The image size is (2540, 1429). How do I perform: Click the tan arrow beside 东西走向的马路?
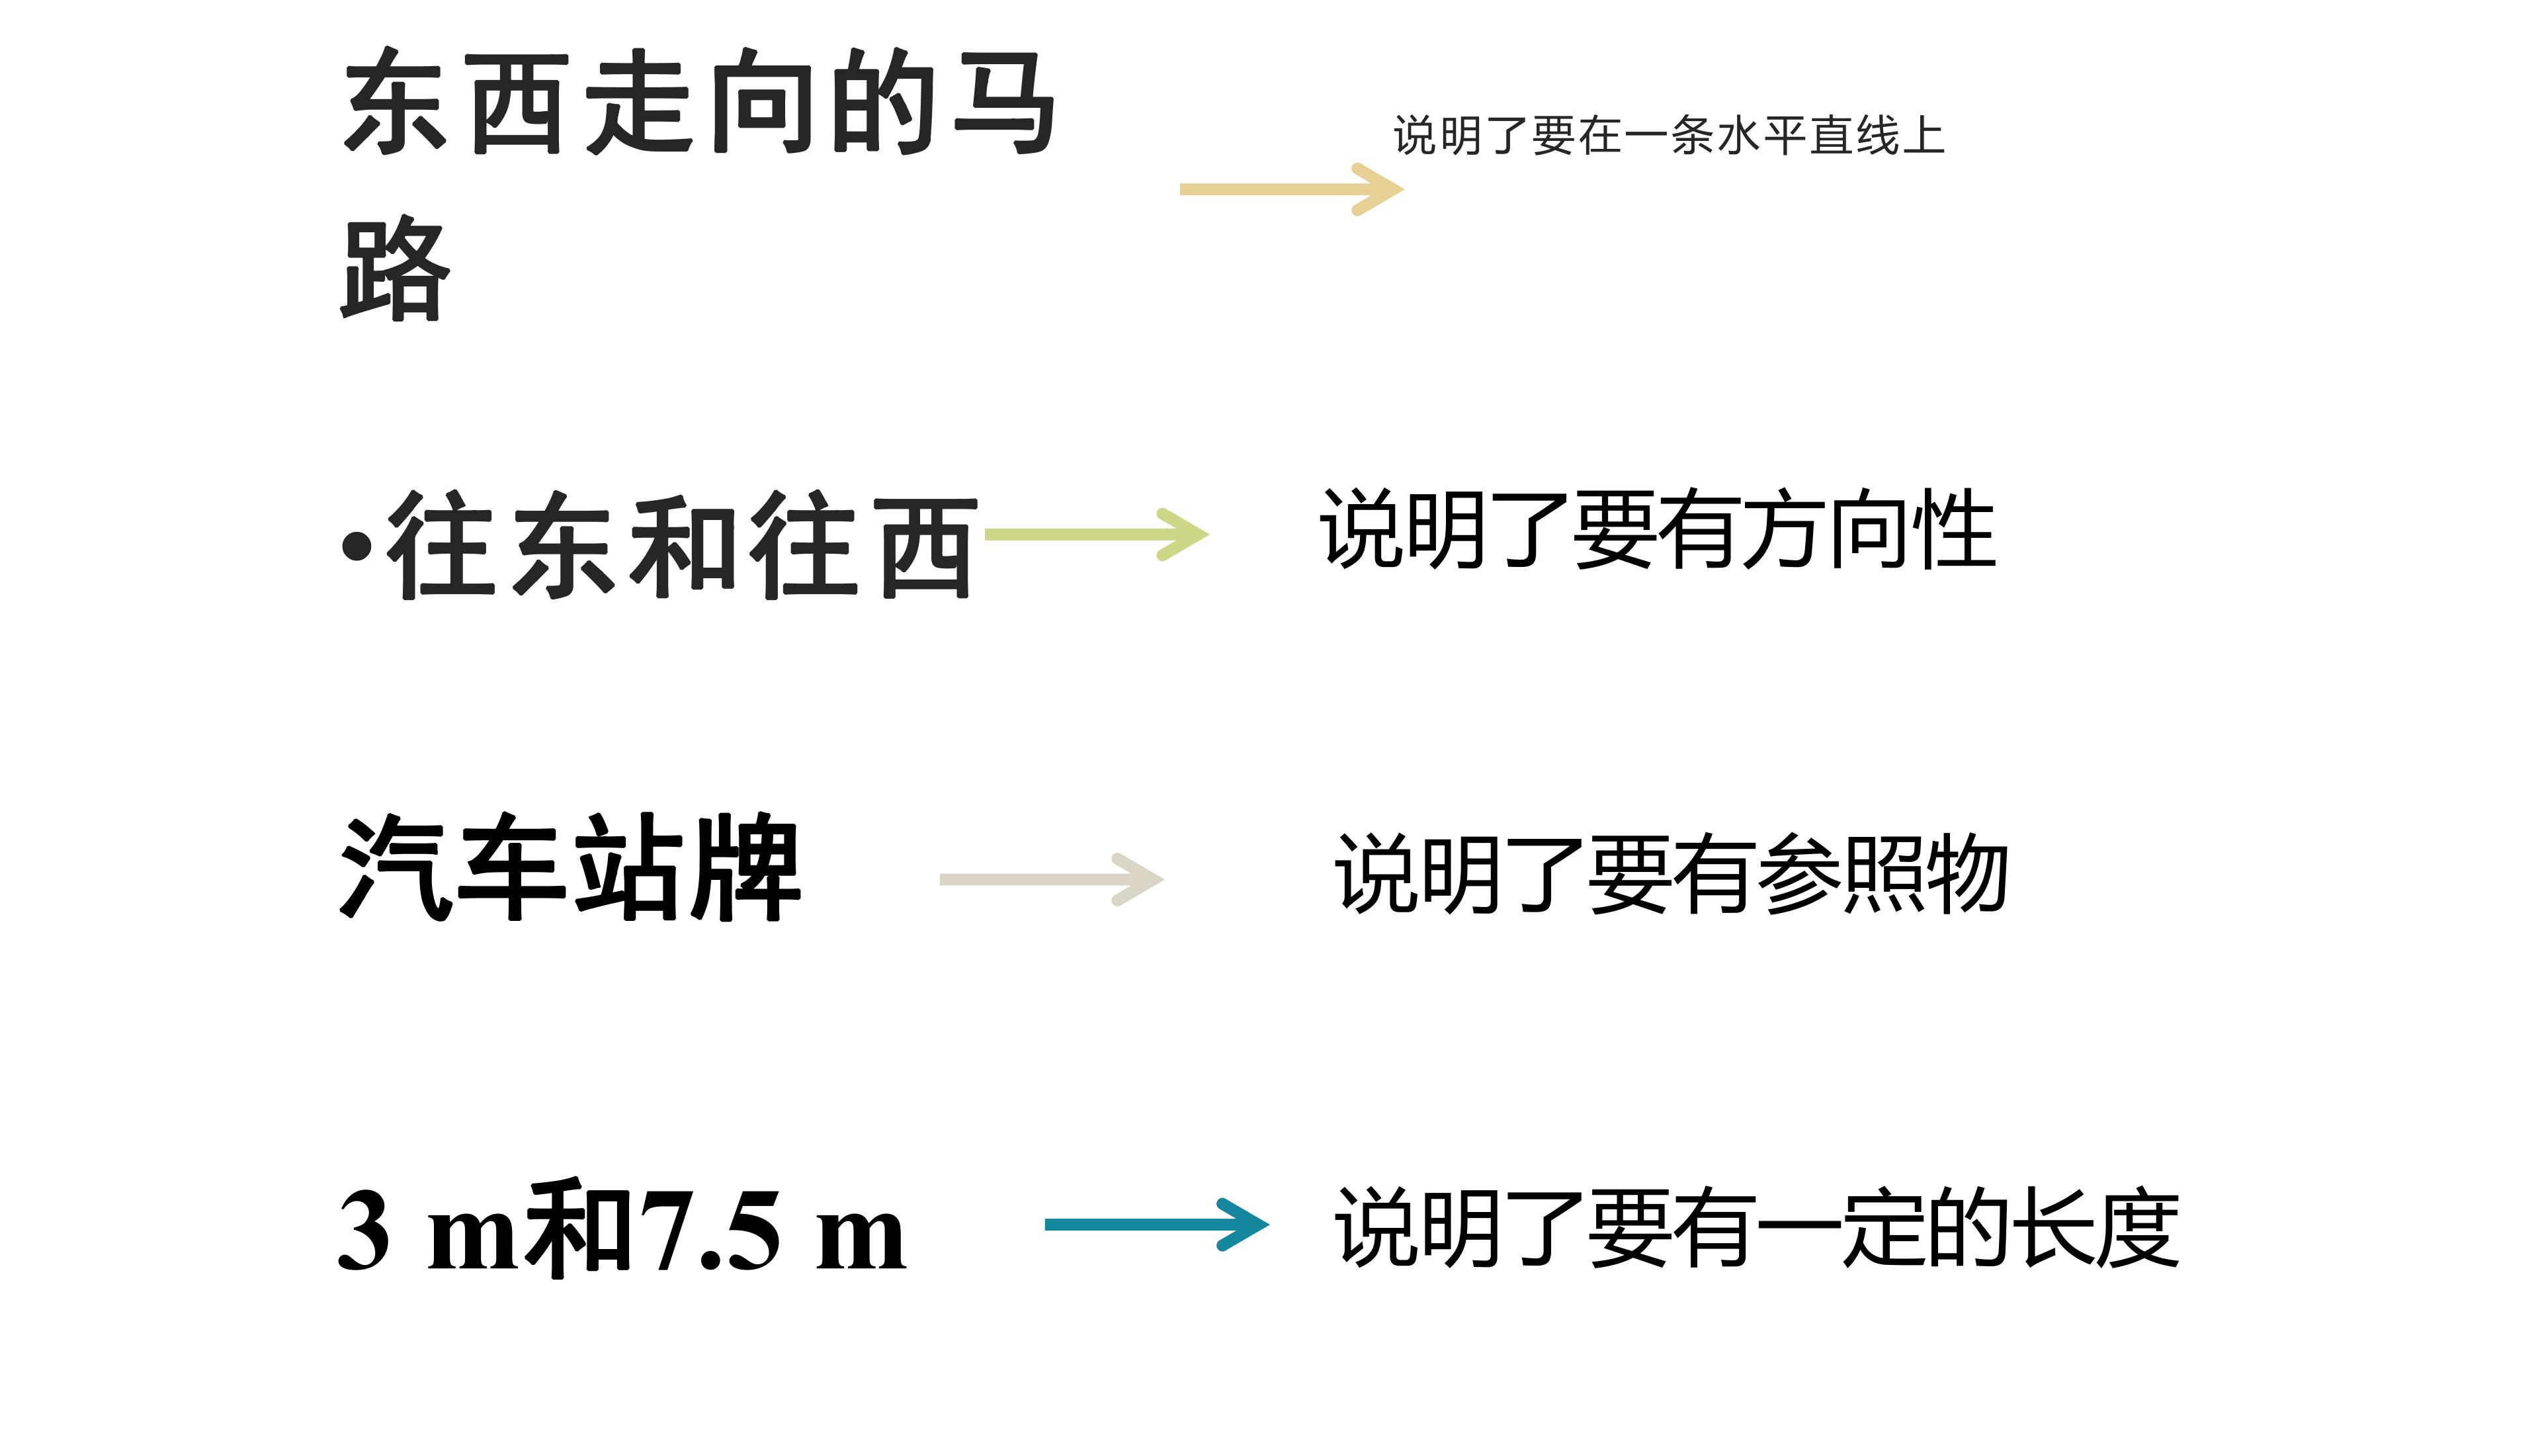pyautogui.click(x=1291, y=189)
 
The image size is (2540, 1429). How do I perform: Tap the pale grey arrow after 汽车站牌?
pyautogui.click(x=1051, y=879)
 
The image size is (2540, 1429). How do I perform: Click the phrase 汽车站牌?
pyautogui.click(x=570, y=868)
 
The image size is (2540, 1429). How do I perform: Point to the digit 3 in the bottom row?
pyautogui.click(x=363, y=1231)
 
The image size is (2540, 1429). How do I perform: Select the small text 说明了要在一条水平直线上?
pyautogui.click(x=1668, y=135)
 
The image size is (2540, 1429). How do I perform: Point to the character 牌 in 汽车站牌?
pyautogui.click(x=746, y=868)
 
